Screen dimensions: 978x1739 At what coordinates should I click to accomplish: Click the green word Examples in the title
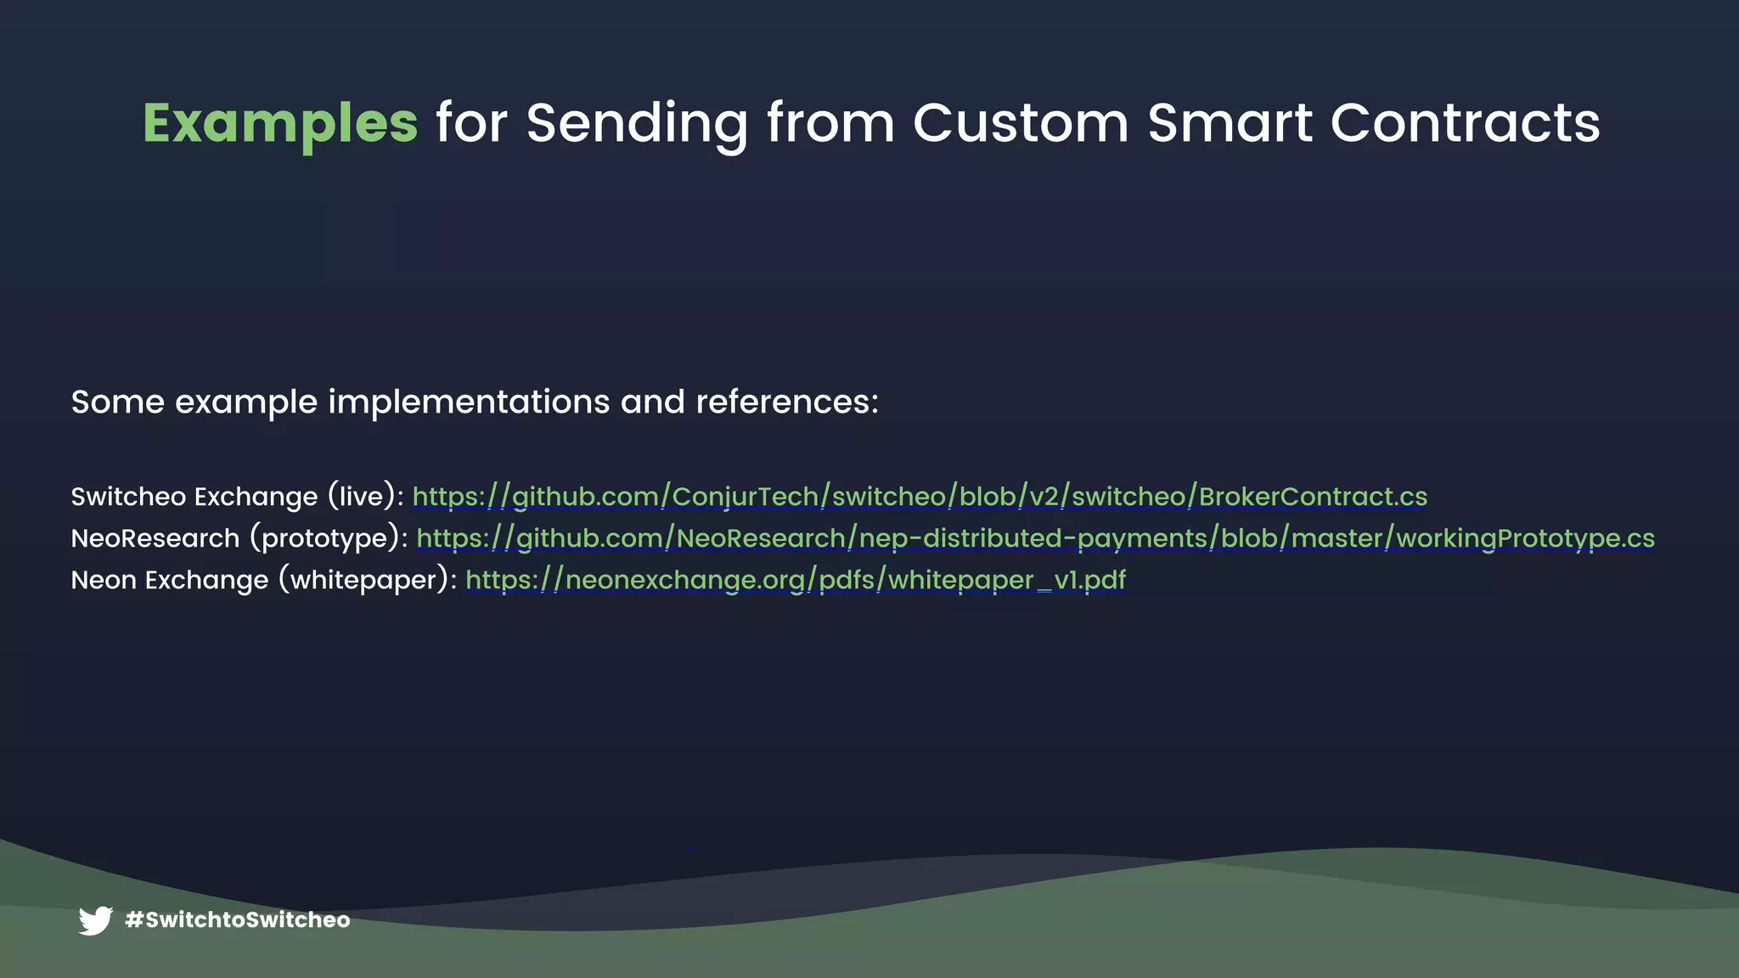click(280, 124)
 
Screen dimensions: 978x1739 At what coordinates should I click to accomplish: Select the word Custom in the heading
click(1021, 124)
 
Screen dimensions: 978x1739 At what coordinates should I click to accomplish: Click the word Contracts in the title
click(1465, 124)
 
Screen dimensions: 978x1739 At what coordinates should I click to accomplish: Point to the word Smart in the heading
click(1230, 124)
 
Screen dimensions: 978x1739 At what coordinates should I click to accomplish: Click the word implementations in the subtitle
click(469, 402)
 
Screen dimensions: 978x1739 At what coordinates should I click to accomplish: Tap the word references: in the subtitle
click(787, 402)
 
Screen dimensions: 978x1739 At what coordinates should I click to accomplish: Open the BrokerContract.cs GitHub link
click(920, 497)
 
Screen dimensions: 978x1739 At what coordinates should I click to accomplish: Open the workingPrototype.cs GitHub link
click(1035, 538)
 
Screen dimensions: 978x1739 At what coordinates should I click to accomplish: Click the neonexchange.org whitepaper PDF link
click(796, 580)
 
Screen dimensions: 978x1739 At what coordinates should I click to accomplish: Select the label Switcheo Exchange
click(194, 497)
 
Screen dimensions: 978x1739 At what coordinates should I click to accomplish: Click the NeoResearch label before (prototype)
click(155, 538)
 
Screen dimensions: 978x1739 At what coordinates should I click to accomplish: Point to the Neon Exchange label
click(170, 580)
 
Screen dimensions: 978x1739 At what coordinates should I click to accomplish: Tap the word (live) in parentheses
click(362, 497)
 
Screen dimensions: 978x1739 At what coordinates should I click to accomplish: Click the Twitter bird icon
click(96, 920)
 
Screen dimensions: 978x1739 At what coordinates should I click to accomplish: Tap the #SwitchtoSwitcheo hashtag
click(238, 920)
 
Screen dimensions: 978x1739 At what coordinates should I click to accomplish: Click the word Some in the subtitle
click(117, 402)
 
